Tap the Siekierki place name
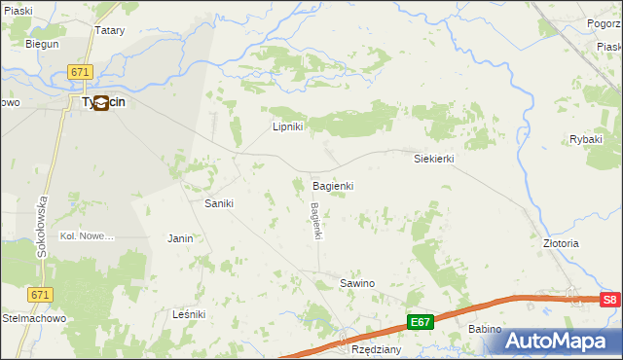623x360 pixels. click(x=434, y=158)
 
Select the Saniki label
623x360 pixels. click(x=218, y=203)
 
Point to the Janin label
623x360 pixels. click(x=180, y=238)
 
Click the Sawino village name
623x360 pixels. click(x=356, y=283)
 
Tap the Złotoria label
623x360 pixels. click(x=561, y=243)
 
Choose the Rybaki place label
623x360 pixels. click(x=586, y=139)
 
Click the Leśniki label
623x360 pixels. click(x=189, y=314)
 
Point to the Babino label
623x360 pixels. click(x=484, y=329)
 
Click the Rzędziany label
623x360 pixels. click(x=377, y=348)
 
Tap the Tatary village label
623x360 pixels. click(x=110, y=30)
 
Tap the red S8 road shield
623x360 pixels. click(x=609, y=301)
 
